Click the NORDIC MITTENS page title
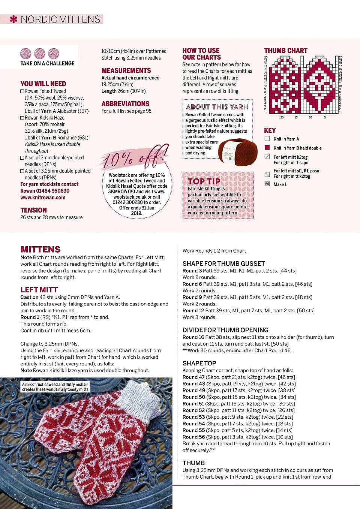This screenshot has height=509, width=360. [60, 19]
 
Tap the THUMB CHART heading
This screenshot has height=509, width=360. [285, 51]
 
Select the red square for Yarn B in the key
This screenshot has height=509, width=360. [267, 148]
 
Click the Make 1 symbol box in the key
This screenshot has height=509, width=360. [267, 184]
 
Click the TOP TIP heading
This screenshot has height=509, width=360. [204, 181]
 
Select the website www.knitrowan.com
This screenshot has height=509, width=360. [43, 198]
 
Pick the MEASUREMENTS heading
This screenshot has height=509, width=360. [126, 70]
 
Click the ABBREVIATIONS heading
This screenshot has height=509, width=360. [125, 104]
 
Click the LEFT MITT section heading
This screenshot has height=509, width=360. [39, 290]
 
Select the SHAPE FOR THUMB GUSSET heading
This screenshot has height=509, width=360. [223, 263]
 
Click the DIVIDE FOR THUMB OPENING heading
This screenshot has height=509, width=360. [225, 330]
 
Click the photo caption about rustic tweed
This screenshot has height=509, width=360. [55, 387]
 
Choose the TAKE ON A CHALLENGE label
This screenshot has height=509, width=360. [47, 63]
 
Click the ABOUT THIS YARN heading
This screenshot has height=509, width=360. [217, 107]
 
